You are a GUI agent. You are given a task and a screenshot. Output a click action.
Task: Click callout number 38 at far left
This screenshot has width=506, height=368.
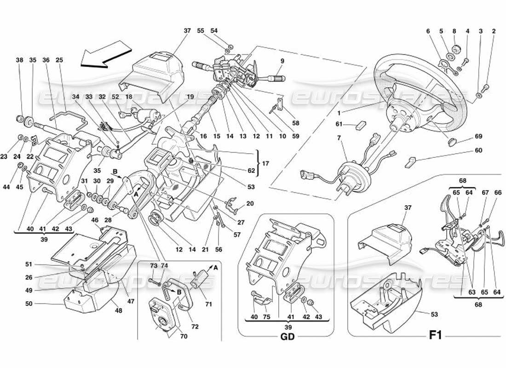click(x=19, y=60)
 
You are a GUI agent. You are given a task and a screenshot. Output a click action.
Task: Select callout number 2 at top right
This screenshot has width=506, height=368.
click(x=494, y=31)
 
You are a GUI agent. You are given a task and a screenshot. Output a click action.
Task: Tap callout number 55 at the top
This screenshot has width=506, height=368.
click(x=200, y=30)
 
